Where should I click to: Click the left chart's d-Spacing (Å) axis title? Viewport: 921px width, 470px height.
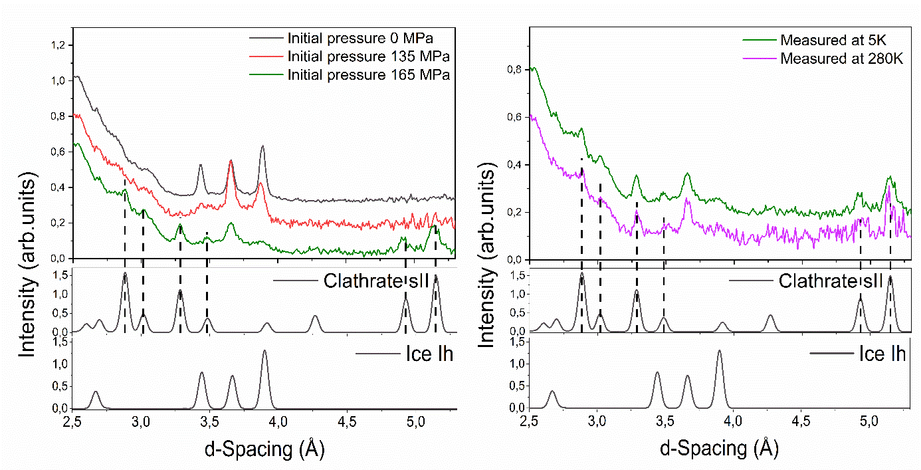pos(264,449)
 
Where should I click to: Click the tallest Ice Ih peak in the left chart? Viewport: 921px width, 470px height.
pos(264,351)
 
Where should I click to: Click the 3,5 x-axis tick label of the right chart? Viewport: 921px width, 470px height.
pos(665,421)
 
